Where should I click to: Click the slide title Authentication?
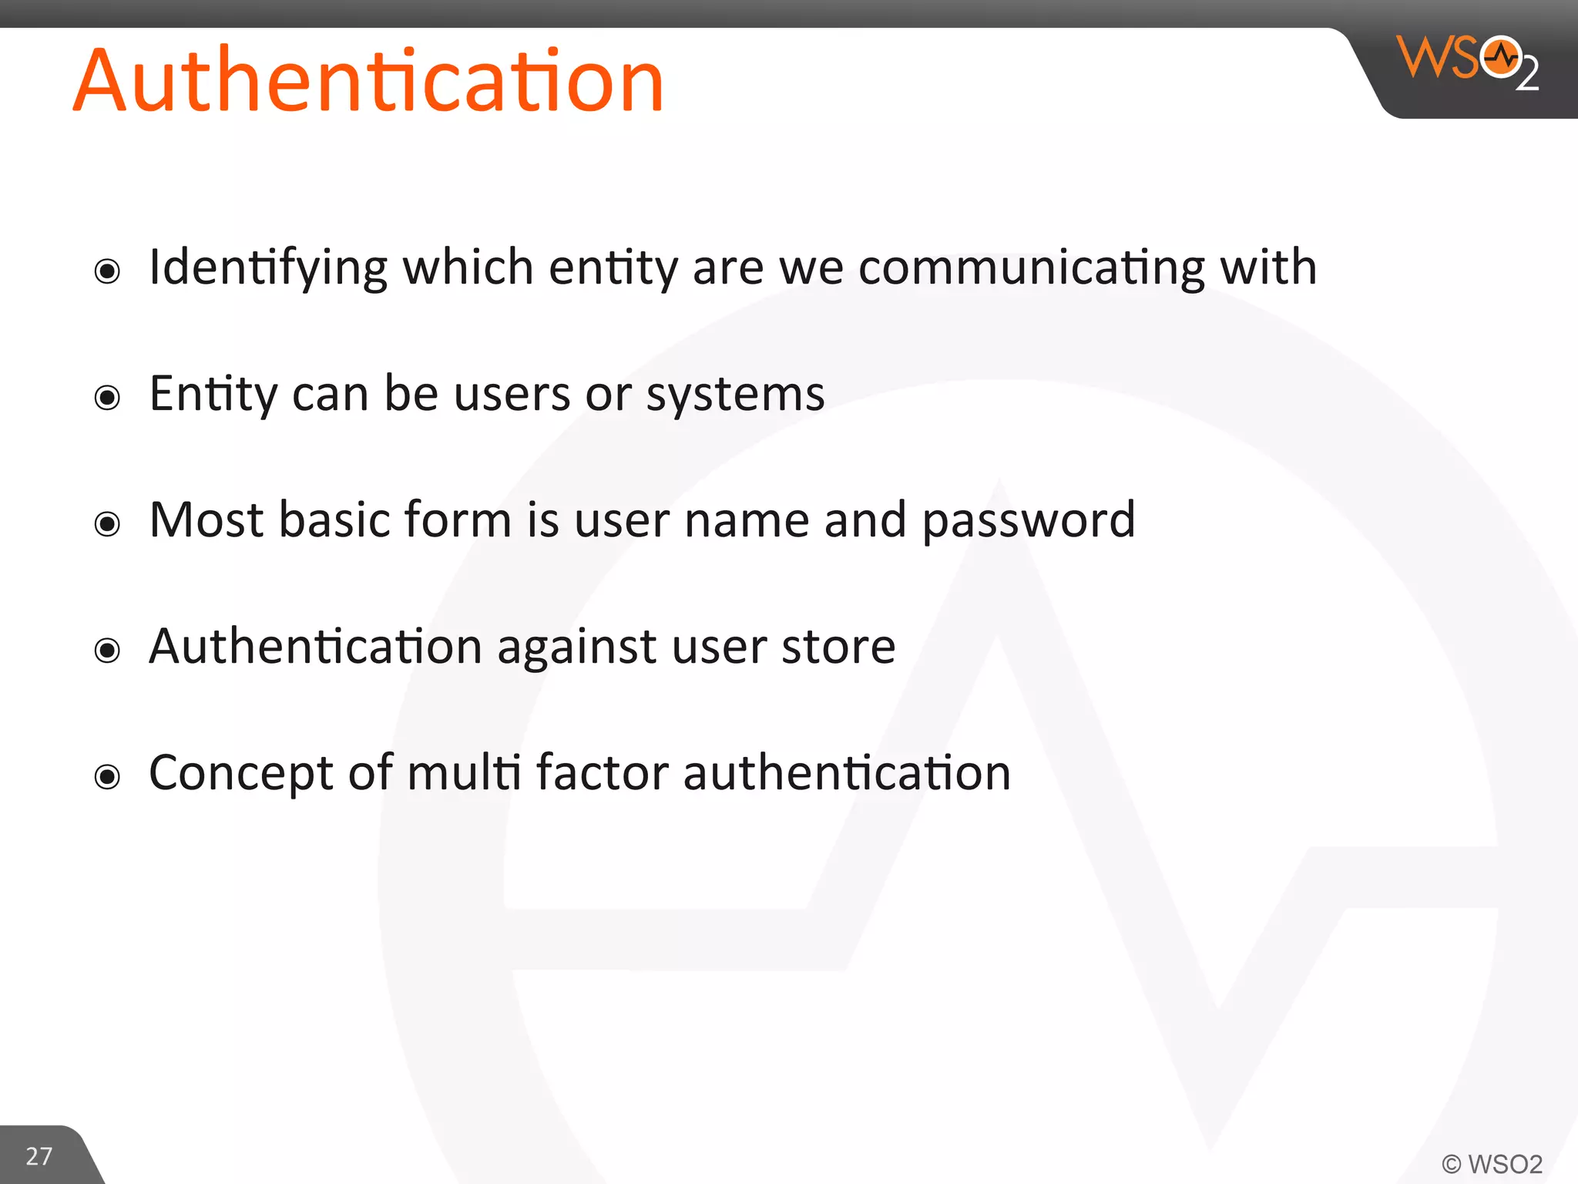coord(368,80)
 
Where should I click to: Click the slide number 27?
coord(39,1156)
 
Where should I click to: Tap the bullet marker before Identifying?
coord(107,271)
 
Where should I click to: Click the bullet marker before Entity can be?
coord(107,398)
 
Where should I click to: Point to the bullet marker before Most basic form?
coord(107,524)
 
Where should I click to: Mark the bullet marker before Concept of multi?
coord(107,776)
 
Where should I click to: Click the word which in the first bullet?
coord(468,267)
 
